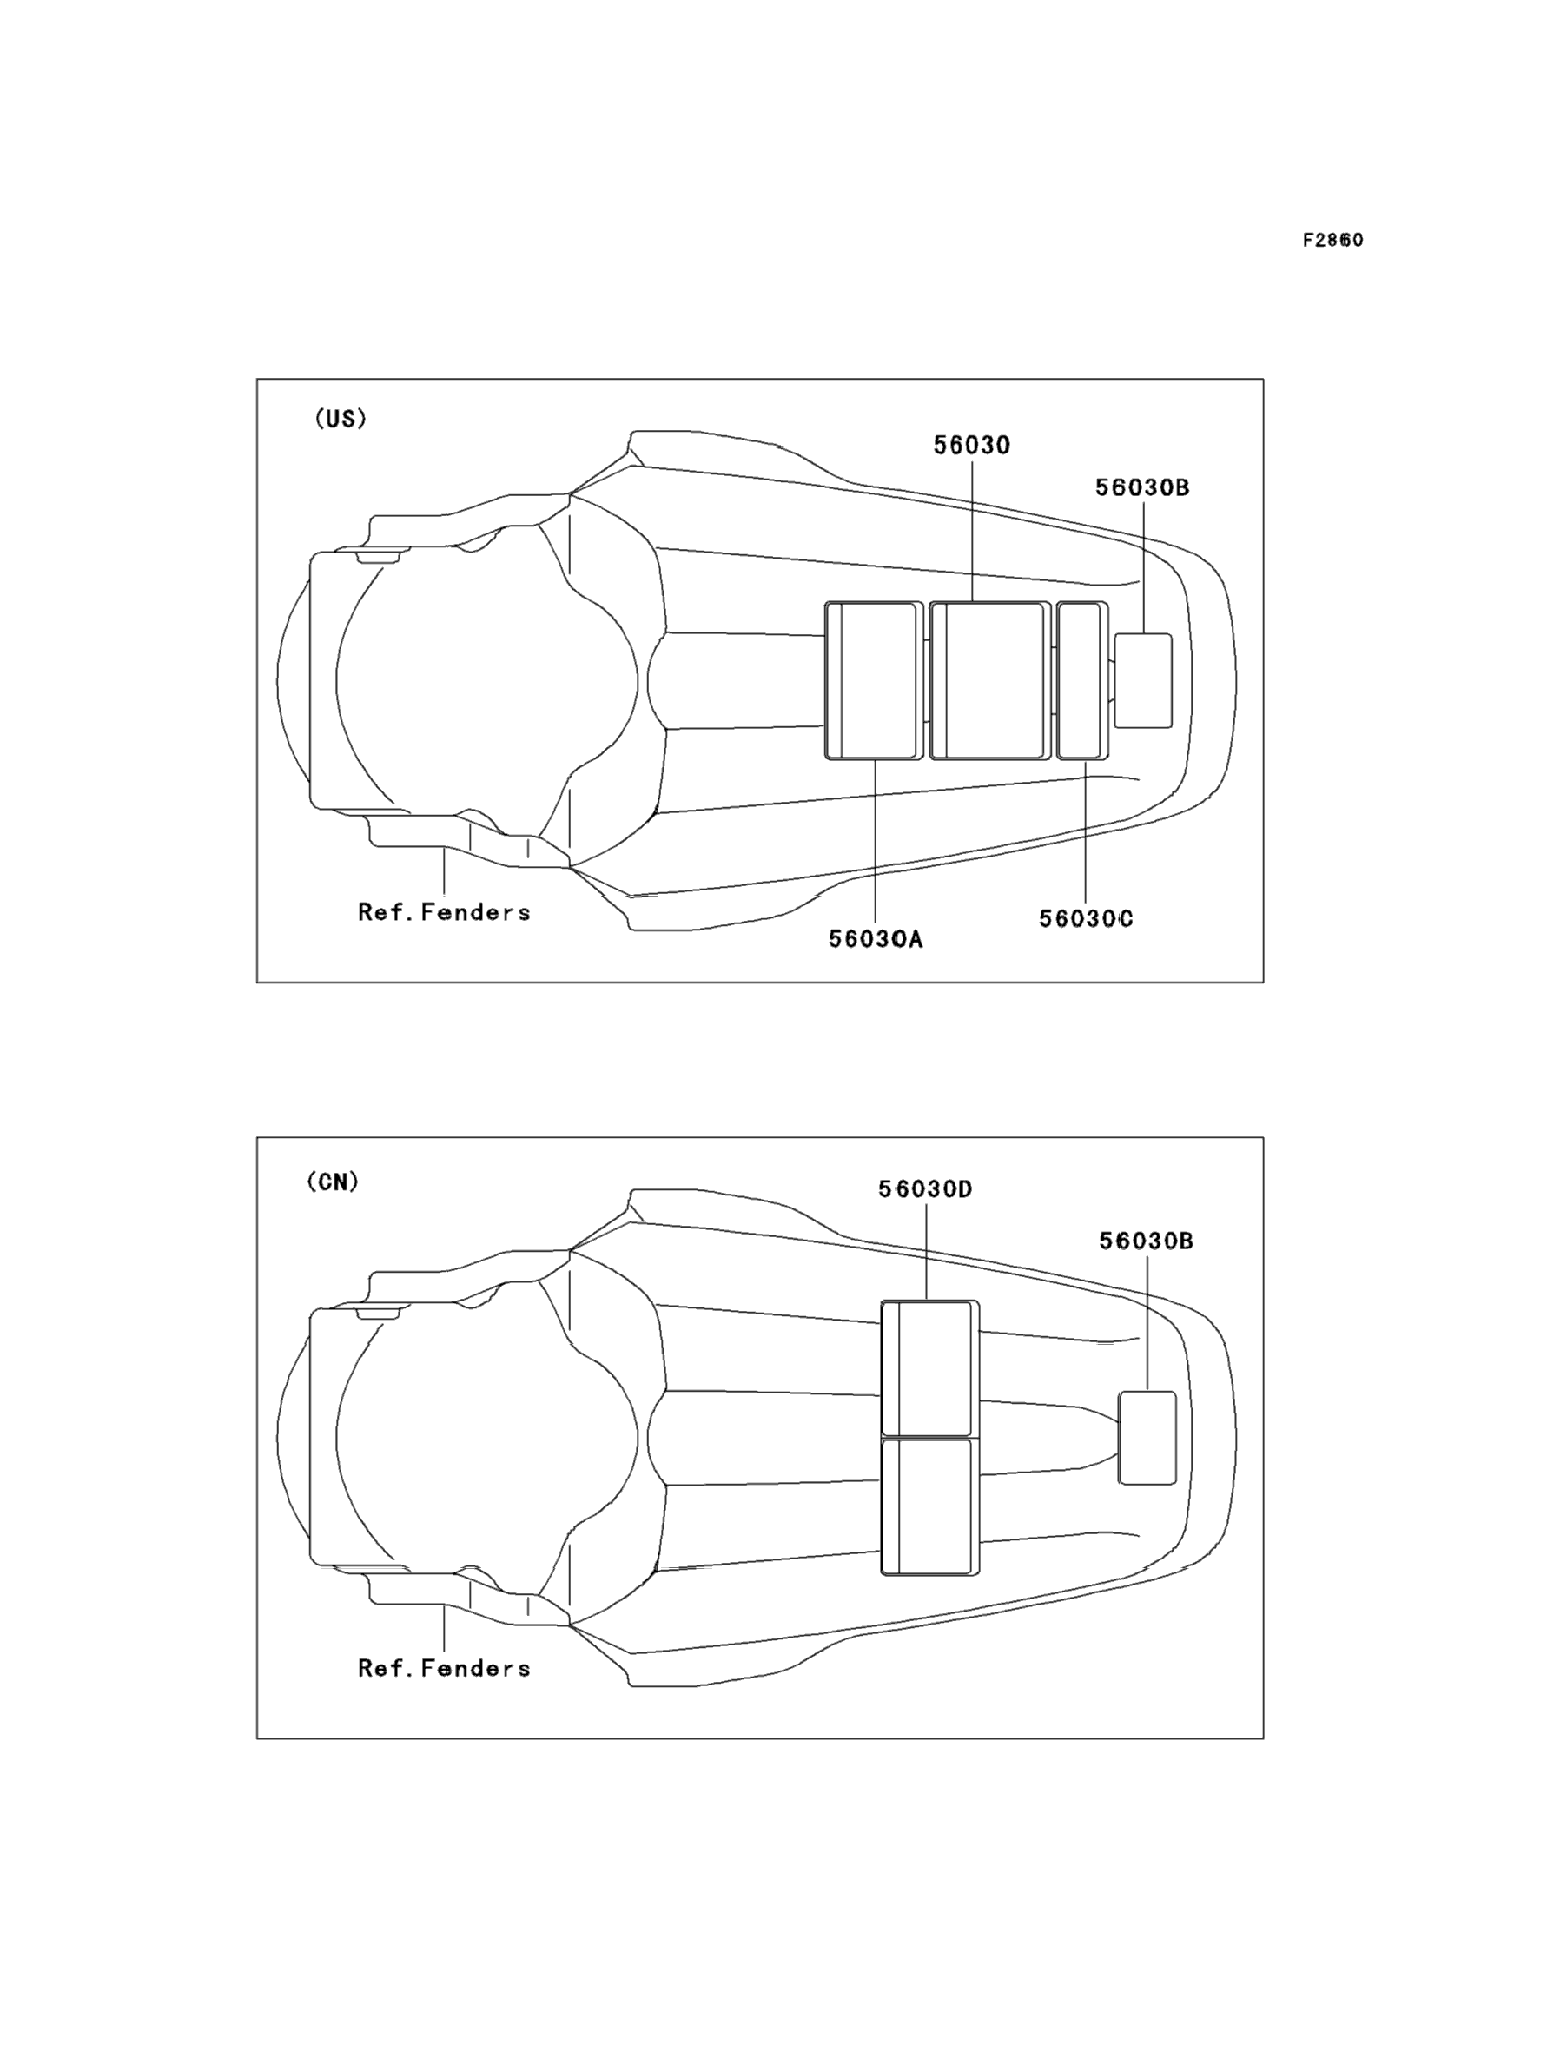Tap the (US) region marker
point(341,419)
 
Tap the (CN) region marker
point(333,1182)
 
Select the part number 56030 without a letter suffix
point(972,446)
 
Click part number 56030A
point(875,939)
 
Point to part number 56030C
point(1086,919)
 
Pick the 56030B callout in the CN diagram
point(1146,1241)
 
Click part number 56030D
point(925,1189)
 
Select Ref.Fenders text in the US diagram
point(444,912)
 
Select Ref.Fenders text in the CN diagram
point(444,1668)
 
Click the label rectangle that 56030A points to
point(874,681)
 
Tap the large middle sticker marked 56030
point(989,681)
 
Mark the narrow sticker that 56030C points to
point(1082,681)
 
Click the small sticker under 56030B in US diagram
point(1143,681)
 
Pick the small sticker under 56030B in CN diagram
point(1147,1436)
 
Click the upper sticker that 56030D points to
point(930,1367)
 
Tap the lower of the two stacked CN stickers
point(930,1506)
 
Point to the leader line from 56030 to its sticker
point(972,532)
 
